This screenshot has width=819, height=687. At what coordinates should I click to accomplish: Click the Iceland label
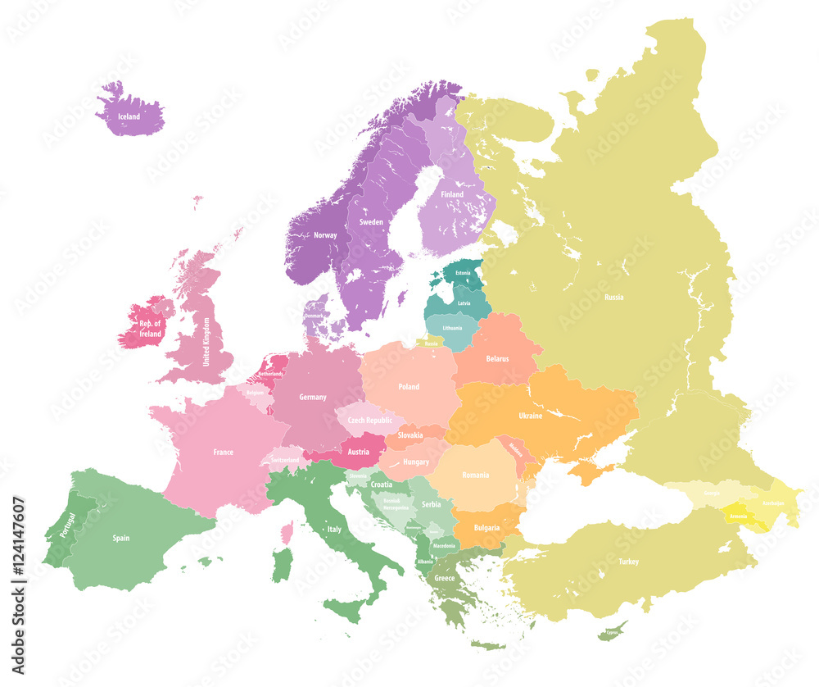click(129, 117)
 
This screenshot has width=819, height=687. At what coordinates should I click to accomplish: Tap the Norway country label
click(325, 236)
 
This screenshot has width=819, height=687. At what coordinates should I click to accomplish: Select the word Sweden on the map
click(371, 222)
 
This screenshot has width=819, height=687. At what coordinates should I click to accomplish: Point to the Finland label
click(452, 194)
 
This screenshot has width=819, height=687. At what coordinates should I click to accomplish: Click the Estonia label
click(464, 271)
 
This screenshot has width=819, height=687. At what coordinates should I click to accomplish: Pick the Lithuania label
click(452, 327)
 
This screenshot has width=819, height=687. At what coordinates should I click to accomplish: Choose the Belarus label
click(497, 359)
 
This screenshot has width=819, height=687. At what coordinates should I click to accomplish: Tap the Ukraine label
click(530, 416)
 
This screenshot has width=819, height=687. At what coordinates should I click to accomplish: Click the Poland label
click(409, 387)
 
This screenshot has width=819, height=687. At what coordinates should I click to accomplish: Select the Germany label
click(312, 397)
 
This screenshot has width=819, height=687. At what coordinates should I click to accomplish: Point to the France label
click(223, 452)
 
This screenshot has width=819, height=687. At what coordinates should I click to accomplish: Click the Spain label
click(121, 539)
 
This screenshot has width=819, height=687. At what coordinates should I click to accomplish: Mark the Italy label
click(334, 530)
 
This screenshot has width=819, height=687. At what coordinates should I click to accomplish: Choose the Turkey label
click(629, 562)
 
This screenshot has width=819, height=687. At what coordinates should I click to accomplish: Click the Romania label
click(475, 475)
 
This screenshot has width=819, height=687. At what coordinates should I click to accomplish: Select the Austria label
click(358, 452)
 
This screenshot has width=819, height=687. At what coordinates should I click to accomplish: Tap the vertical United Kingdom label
click(206, 342)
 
